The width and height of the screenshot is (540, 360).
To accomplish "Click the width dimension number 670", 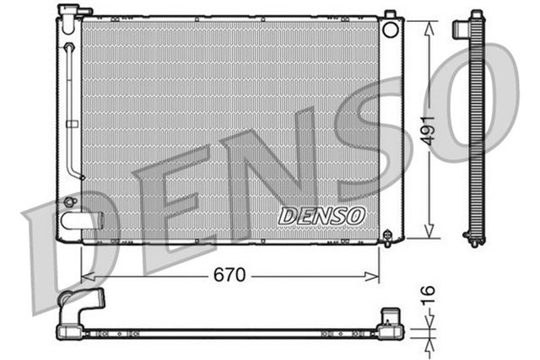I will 228,276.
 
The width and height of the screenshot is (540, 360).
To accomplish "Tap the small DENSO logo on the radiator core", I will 321,216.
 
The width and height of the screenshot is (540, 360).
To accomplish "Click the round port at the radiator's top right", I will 390,30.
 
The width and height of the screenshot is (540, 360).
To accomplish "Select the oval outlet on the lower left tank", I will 76,223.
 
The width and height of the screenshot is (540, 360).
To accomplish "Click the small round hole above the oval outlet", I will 69,202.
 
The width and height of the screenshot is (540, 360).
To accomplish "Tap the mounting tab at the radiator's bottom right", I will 388,235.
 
